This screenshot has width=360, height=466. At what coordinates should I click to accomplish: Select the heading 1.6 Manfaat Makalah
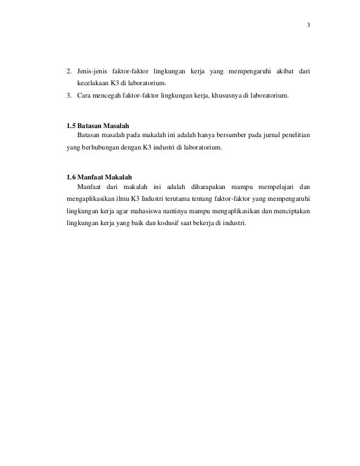coord(99,178)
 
